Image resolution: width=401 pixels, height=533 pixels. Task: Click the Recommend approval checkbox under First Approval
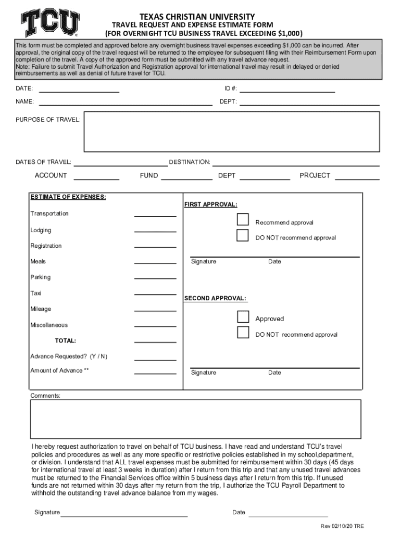coord(243,219)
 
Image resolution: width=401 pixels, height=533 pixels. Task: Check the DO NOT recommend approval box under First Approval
coord(243,235)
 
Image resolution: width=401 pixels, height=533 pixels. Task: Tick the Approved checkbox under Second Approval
coord(243,316)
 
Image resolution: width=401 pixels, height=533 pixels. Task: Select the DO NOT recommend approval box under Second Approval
coord(243,333)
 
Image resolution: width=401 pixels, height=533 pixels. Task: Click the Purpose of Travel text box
coord(231,131)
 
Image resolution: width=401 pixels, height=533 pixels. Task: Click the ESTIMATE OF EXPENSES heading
coord(68,197)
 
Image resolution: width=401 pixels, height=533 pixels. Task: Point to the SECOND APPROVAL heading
coord(215,299)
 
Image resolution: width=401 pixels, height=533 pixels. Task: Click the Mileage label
coord(41,309)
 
